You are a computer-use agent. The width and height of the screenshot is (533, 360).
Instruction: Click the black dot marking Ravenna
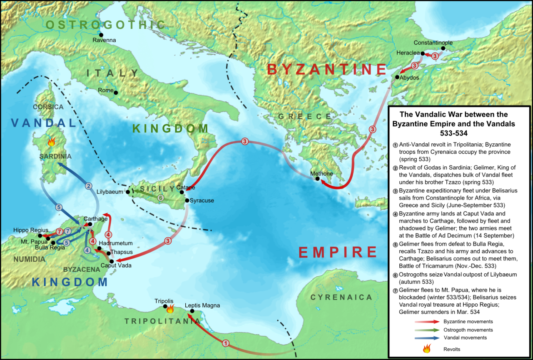coord(101,34)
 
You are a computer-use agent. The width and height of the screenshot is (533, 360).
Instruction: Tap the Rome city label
coord(105,90)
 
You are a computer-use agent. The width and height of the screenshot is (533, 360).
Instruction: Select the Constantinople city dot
coord(443,49)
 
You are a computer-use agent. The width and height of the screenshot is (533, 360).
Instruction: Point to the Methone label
coord(321,173)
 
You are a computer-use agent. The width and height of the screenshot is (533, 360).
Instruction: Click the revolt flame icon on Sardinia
coord(51,142)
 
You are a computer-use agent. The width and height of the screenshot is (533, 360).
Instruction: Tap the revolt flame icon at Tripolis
coord(169,309)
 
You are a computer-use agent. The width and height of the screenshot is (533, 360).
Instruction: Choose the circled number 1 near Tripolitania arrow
coord(225,343)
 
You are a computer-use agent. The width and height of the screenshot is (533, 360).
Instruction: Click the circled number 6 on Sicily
coord(161,198)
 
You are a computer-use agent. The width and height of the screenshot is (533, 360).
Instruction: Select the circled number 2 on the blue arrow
coord(88,186)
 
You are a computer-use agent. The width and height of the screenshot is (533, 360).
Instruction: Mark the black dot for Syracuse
coord(187,200)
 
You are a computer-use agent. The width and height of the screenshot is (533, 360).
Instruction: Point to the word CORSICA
coord(48,107)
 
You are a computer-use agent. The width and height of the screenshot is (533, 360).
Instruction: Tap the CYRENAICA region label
coord(341,297)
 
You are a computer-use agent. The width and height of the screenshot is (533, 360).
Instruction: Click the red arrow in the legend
coord(427,322)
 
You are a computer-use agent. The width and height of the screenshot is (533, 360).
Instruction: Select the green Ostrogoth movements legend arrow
coord(427,330)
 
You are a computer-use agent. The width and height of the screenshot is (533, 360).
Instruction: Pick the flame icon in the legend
coord(427,348)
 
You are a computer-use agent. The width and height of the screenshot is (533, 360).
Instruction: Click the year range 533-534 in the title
coord(454,134)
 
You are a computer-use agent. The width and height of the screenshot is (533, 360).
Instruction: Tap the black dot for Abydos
coord(397,77)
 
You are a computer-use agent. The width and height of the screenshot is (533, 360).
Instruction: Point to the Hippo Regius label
coord(31,230)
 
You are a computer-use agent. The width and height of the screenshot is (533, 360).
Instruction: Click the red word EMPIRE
coord(338,252)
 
